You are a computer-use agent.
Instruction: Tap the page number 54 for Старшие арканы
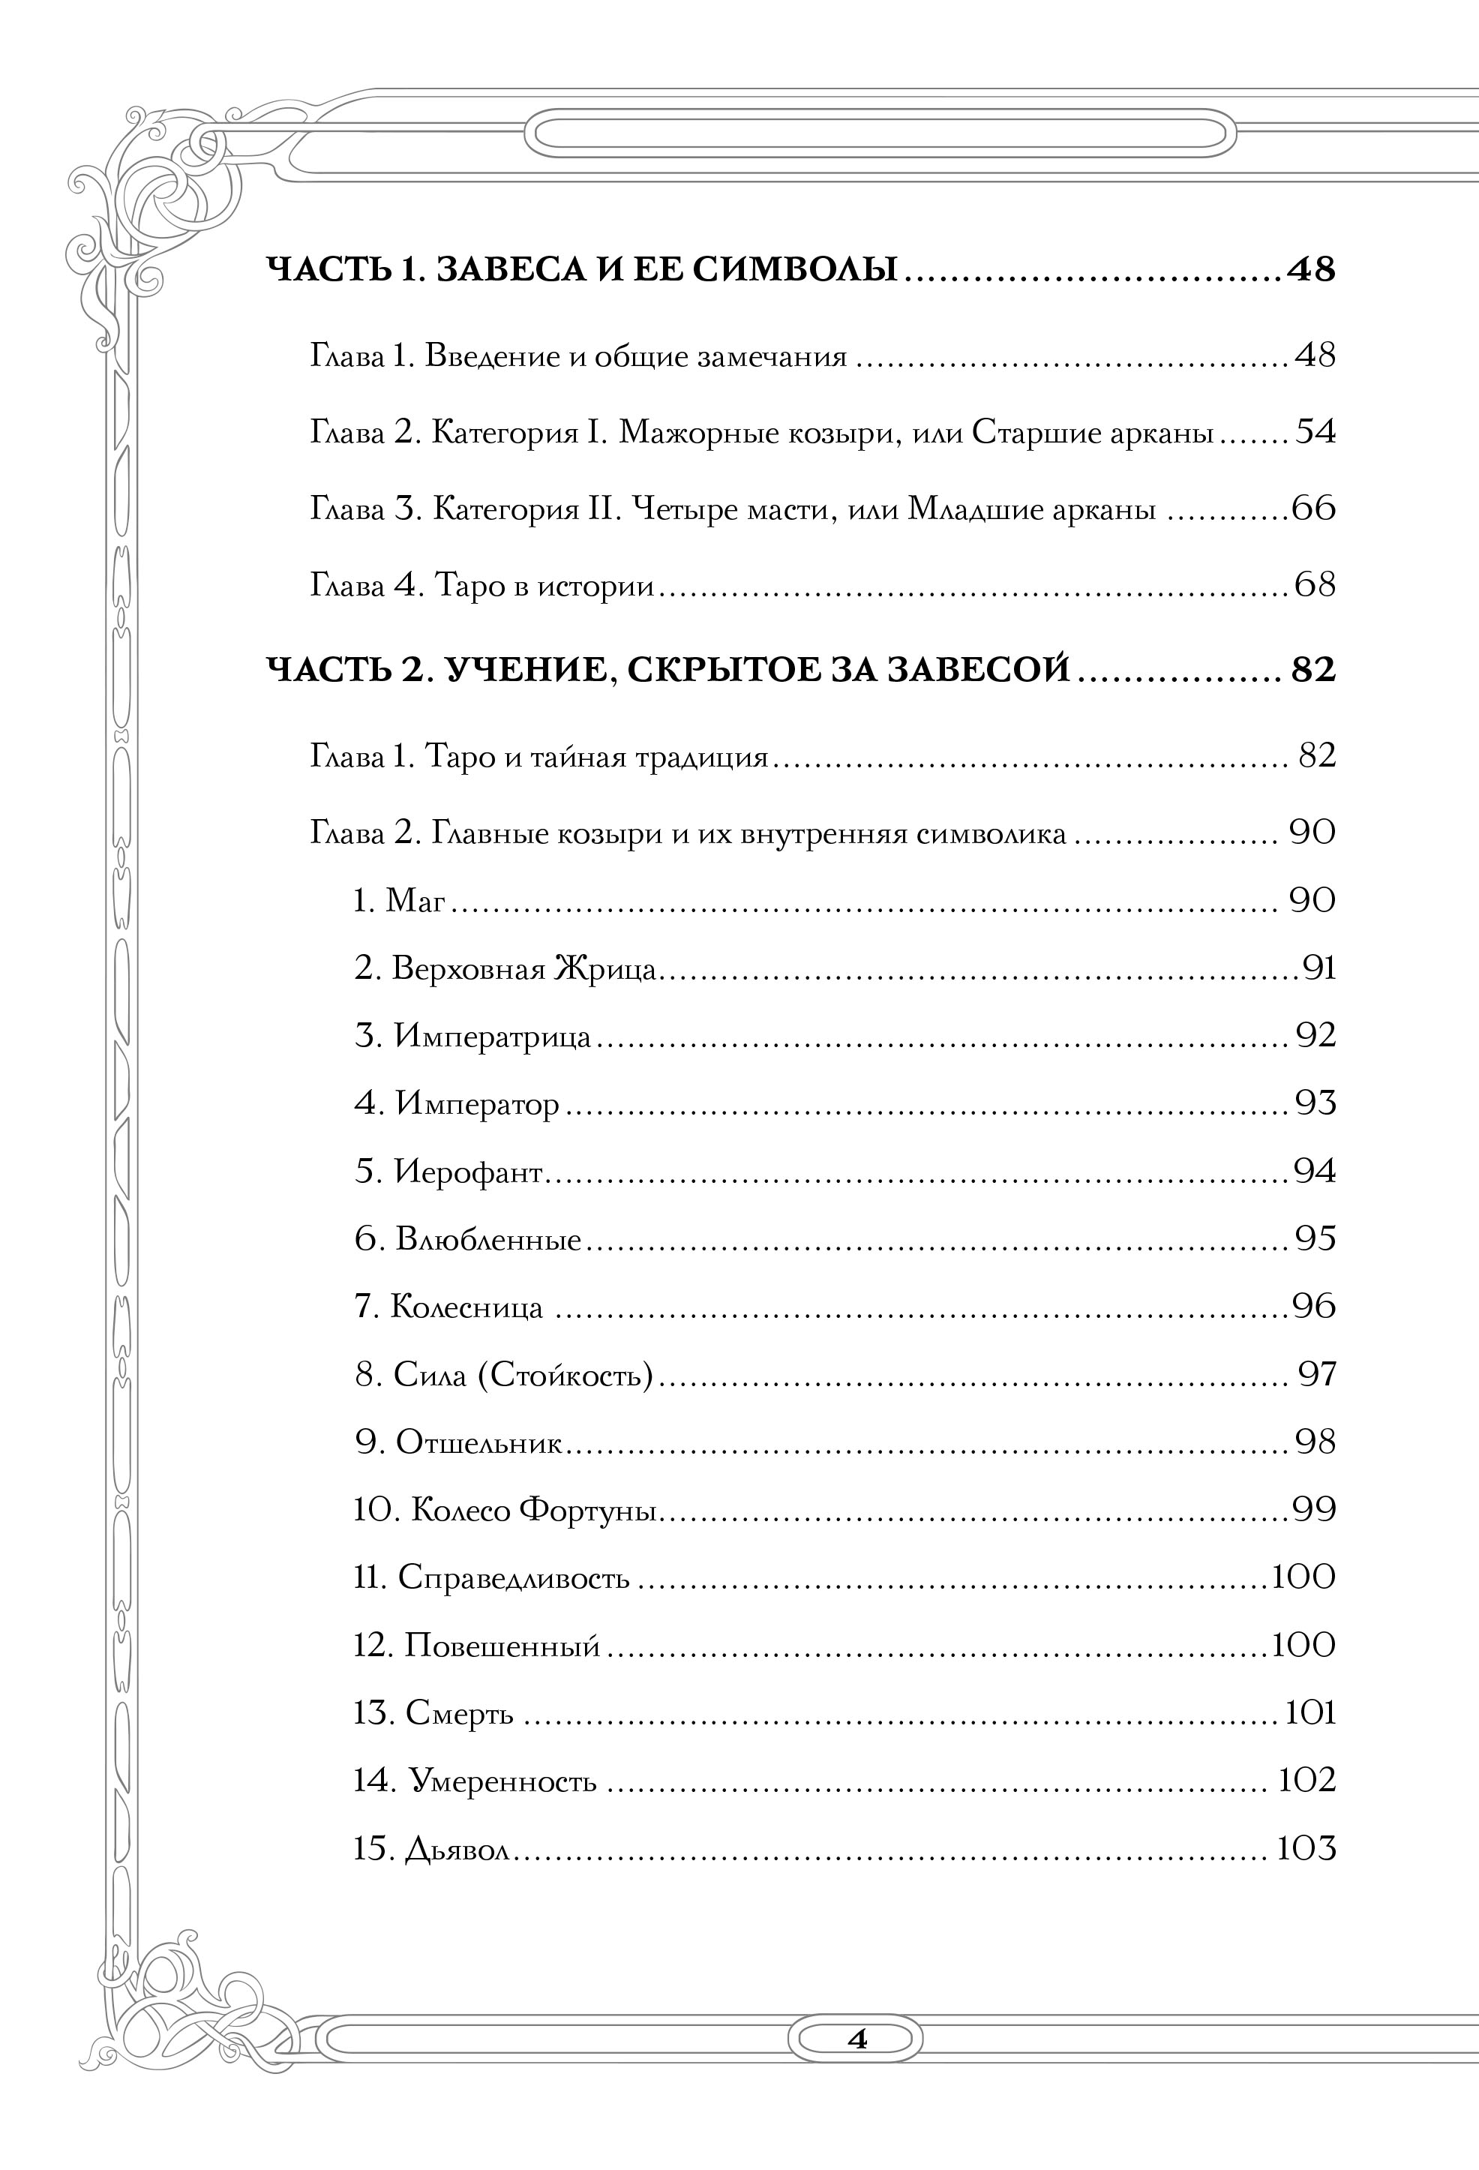(1315, 432)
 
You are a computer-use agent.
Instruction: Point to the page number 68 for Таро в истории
(1315, 586)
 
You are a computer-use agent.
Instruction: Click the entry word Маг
(415, 900)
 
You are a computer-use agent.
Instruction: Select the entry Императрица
(492, 1037)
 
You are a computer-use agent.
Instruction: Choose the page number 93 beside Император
(1315, 1103)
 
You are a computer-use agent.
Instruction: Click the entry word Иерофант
(468, 1172)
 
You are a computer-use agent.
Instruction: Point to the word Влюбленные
(488, 1240)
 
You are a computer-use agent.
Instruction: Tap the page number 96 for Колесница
(1315, 1307)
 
